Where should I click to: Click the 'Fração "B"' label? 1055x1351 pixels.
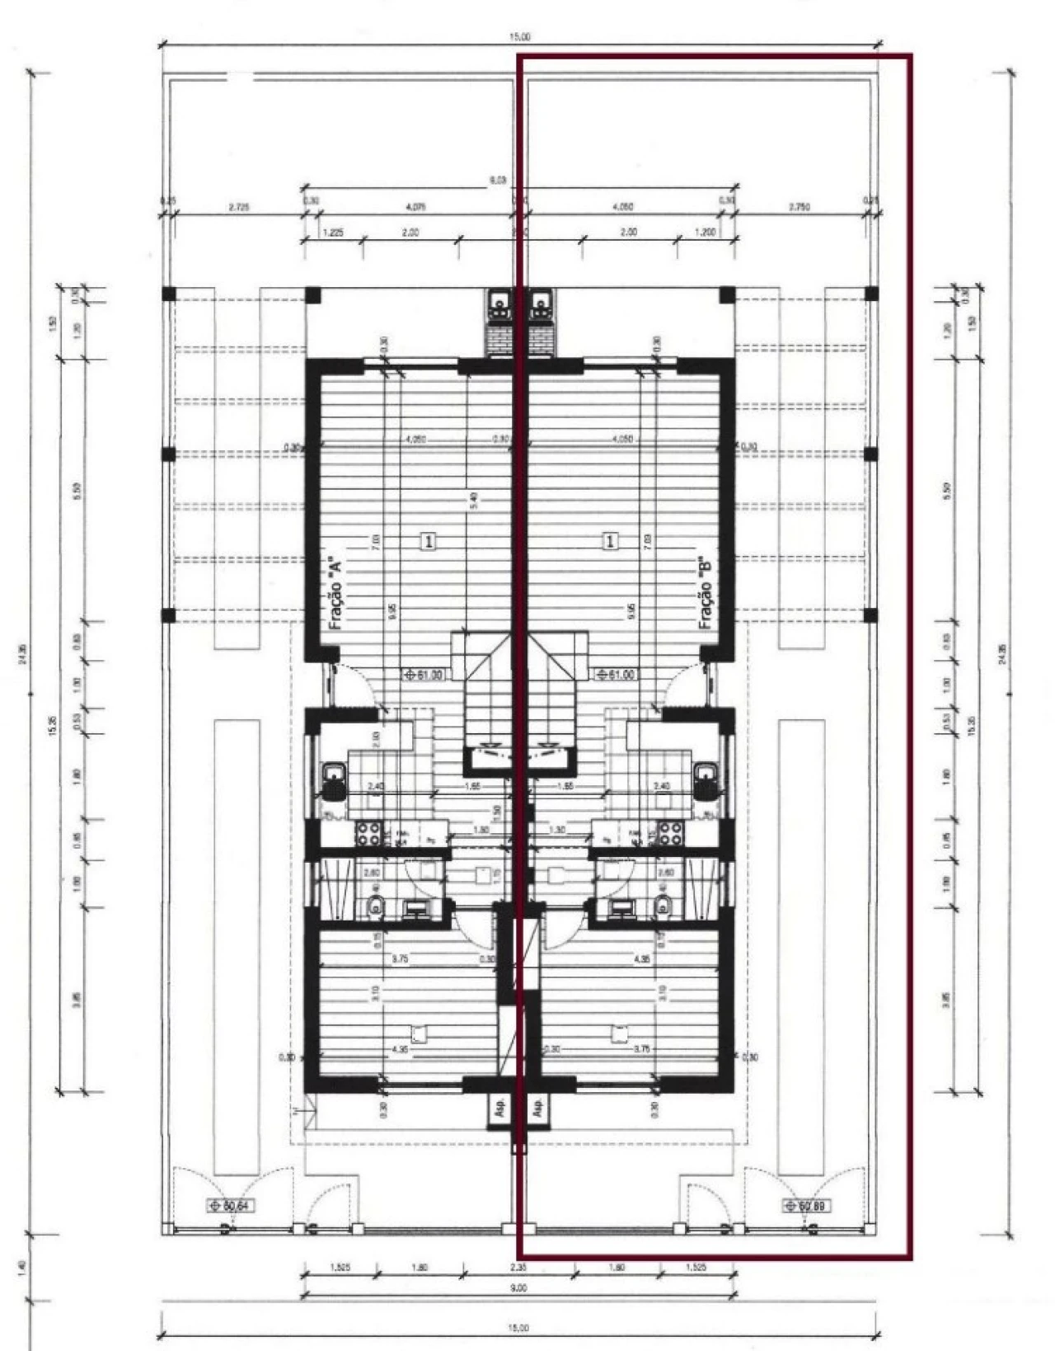705,593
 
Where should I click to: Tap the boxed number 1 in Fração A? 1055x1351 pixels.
429,541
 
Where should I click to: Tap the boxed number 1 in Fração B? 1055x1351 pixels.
611,541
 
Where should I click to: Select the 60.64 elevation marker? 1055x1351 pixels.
230,1206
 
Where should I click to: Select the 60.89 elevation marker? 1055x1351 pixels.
805,1206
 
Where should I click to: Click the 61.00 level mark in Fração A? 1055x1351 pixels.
424,674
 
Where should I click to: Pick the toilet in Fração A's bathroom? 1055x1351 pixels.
375,905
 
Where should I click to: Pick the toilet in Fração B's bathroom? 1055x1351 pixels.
664,905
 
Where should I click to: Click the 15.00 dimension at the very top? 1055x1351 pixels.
519,36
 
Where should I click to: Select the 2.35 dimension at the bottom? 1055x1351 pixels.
518,1268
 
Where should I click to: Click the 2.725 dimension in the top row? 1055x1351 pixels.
239,207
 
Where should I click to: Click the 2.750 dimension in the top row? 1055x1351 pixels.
799,207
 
